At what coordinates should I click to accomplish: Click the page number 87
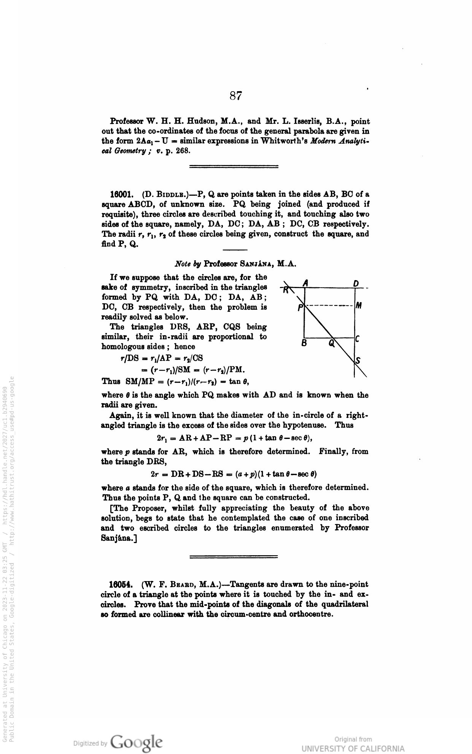(x=236, y=95)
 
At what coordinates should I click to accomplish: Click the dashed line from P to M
(x=329, y=305)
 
